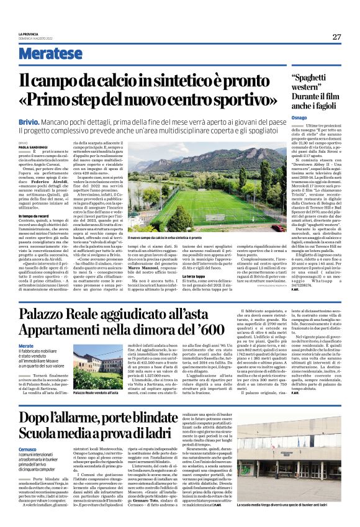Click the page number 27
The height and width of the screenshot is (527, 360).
[336, 37]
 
